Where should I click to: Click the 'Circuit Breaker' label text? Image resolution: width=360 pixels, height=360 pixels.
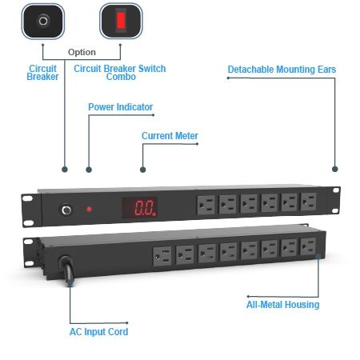43,74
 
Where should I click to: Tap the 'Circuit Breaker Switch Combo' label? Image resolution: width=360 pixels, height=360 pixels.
120,74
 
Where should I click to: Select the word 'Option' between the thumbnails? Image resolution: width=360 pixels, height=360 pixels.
82,51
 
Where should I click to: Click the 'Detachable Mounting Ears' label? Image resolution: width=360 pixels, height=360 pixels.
282,70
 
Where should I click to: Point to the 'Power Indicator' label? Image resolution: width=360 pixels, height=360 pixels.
120,106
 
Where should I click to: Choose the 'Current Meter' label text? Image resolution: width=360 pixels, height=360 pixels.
170,136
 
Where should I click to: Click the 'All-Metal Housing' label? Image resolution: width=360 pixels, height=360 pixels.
282,304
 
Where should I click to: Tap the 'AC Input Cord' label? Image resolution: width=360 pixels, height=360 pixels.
98,331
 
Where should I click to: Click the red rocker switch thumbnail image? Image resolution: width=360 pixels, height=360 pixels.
122,20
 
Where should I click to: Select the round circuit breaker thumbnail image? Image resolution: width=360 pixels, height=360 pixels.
42,20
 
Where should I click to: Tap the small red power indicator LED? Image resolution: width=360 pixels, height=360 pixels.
89,210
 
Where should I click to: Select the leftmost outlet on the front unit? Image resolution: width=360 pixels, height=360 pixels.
206,205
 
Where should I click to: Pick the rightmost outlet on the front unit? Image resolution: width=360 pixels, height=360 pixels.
309,202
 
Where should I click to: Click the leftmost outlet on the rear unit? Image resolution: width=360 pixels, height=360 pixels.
163,256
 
